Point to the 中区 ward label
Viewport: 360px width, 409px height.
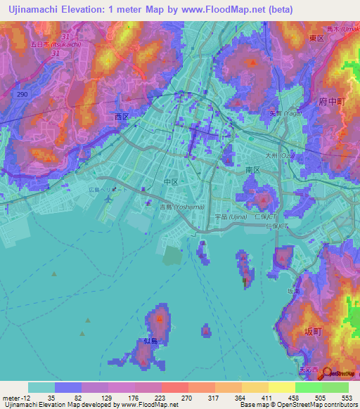[x=171, y=181]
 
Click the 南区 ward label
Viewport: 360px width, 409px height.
[x=253, y=170]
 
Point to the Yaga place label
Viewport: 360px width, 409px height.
[x=278, y=110]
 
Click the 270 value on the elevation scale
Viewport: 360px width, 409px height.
[x=186, y=397]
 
